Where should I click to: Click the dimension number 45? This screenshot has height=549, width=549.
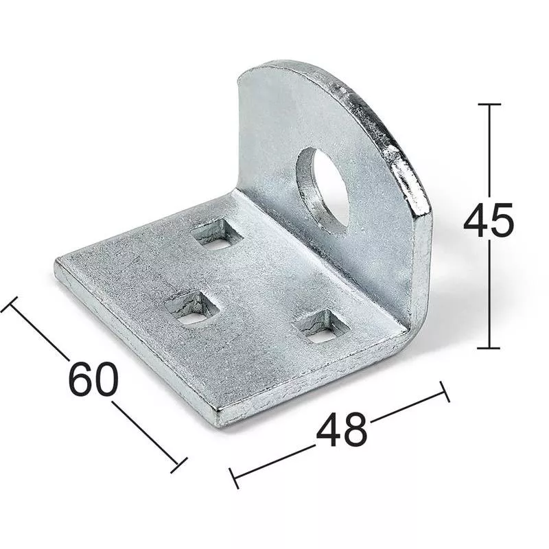[x=488, y=221]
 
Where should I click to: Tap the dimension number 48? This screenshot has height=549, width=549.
[x=341, y=430]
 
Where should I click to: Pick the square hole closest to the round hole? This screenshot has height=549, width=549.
[x=218, y=235]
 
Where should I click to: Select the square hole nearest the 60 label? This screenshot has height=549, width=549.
[x=191, y=307]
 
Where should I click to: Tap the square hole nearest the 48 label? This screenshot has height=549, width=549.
[x=319, y=326]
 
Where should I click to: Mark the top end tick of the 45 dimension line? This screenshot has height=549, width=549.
[x=489, y=104]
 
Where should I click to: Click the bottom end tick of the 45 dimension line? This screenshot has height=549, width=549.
[x=489, y=348]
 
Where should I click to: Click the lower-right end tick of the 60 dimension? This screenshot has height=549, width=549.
[x=178, y=465]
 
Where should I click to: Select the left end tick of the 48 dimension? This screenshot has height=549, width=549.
[x=234, y=478]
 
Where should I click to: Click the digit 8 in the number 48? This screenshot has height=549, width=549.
[x=355, y=430]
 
